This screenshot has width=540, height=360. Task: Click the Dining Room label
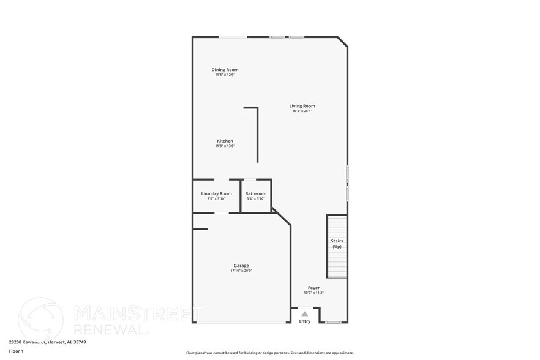coord(225,70)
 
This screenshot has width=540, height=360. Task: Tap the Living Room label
coord(302,106)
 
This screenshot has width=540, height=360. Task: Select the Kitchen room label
coord(225,141)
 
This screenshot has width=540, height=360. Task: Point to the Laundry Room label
coord(217,193)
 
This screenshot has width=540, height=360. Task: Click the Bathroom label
coord(256,193)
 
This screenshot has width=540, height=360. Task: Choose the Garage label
coord(241,265)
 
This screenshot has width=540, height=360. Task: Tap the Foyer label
coord(313,287)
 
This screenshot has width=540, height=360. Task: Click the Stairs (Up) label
coord(337,244)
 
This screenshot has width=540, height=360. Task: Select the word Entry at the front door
coord(305,321)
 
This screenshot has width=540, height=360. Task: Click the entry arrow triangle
coord(305,313)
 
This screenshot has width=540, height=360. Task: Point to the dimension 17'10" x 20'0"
coord(241,271)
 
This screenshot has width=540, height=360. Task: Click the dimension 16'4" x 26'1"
coord(302,111)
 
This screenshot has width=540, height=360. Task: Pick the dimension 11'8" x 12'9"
coord(225,75)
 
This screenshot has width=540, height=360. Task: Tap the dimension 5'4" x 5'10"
coord(256,198)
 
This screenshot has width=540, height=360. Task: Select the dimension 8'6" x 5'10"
coord(217,198)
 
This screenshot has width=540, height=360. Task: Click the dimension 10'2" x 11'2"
coord(313,293)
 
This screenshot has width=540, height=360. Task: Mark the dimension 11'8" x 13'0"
coord(225,146)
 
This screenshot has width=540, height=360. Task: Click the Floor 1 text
coord(16,351)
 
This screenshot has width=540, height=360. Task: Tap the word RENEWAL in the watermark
coord(111,329)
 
